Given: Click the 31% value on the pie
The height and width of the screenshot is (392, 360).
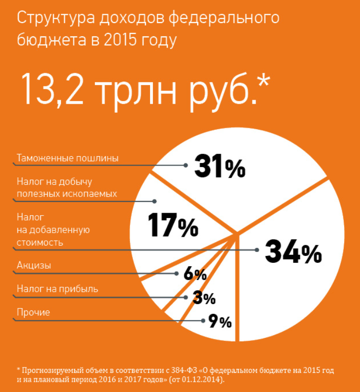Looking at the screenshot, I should [219, 167].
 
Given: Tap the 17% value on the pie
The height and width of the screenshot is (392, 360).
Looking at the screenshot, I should [173, 225].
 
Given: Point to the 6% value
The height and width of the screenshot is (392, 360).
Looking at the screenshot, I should [195, 274].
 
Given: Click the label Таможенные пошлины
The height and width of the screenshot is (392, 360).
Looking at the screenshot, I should [68, 158].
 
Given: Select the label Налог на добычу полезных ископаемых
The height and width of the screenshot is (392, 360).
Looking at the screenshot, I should [67, 188].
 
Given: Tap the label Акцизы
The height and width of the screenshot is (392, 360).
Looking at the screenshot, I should [34, 266].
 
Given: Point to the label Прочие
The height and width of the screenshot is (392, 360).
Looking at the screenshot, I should [33, 312].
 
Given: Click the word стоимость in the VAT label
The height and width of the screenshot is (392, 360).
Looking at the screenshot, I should [40, 242].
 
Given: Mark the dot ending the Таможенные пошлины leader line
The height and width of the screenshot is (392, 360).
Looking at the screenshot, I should [185, 166].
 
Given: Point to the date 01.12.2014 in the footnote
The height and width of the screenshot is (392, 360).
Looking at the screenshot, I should [204, 380].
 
